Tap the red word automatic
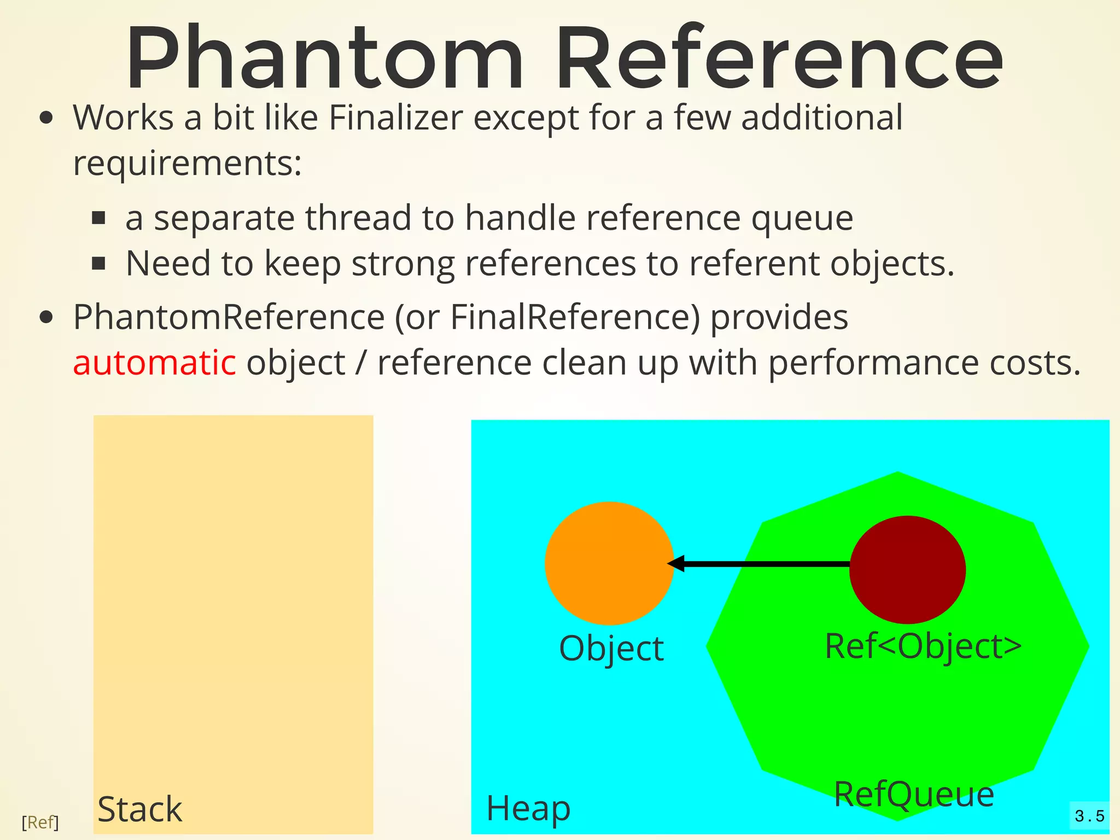point(154,363)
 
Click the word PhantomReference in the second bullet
point(229,317)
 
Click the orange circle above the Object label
point(609,563)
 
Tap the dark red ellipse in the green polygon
point(907,569)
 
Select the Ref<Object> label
point(923,646)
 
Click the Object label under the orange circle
point(611,649)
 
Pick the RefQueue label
point(914,794)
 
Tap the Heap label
point(528,808)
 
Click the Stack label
point(139,809)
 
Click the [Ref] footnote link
point(40,822)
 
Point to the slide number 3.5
point(1089,816)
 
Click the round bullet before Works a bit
point(46,118)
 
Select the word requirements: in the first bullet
point(188,163)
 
